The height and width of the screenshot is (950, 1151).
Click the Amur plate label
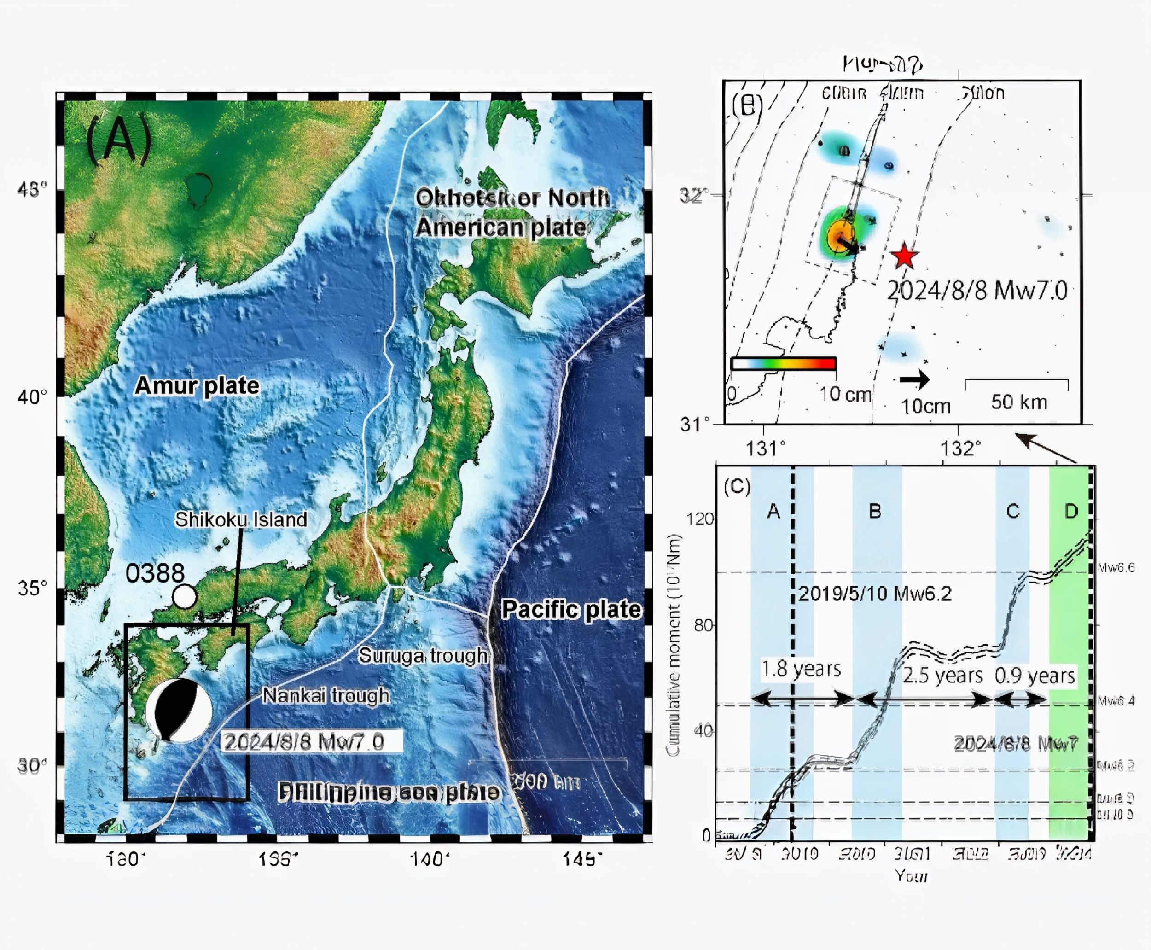click(x=197, y=385)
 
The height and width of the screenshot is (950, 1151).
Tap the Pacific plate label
click(x=570, y=610)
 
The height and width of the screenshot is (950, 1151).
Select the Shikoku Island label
click(x=241, y=519)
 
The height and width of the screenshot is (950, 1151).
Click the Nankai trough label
click(x=326, y=695)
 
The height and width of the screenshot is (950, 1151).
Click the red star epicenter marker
click(x=904, y=256)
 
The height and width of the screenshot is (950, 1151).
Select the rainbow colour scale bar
click(x=784, y=363)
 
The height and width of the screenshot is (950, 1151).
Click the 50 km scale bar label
click(x=1018, y=402)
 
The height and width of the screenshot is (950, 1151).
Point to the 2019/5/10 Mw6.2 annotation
click(x=875, y=593)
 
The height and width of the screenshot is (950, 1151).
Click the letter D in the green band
click(x=1071, y=511)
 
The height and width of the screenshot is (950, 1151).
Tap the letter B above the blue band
click(x=875, y=511)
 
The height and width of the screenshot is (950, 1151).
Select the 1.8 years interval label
click(x=801, y=669)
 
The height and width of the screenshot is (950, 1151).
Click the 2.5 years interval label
click(x=942, y=675)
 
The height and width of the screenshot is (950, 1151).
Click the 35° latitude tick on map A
click(x=32, y=588)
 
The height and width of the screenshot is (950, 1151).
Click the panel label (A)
click(x=119, y=139)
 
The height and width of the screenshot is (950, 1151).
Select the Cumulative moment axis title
click(x=674, y=646)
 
